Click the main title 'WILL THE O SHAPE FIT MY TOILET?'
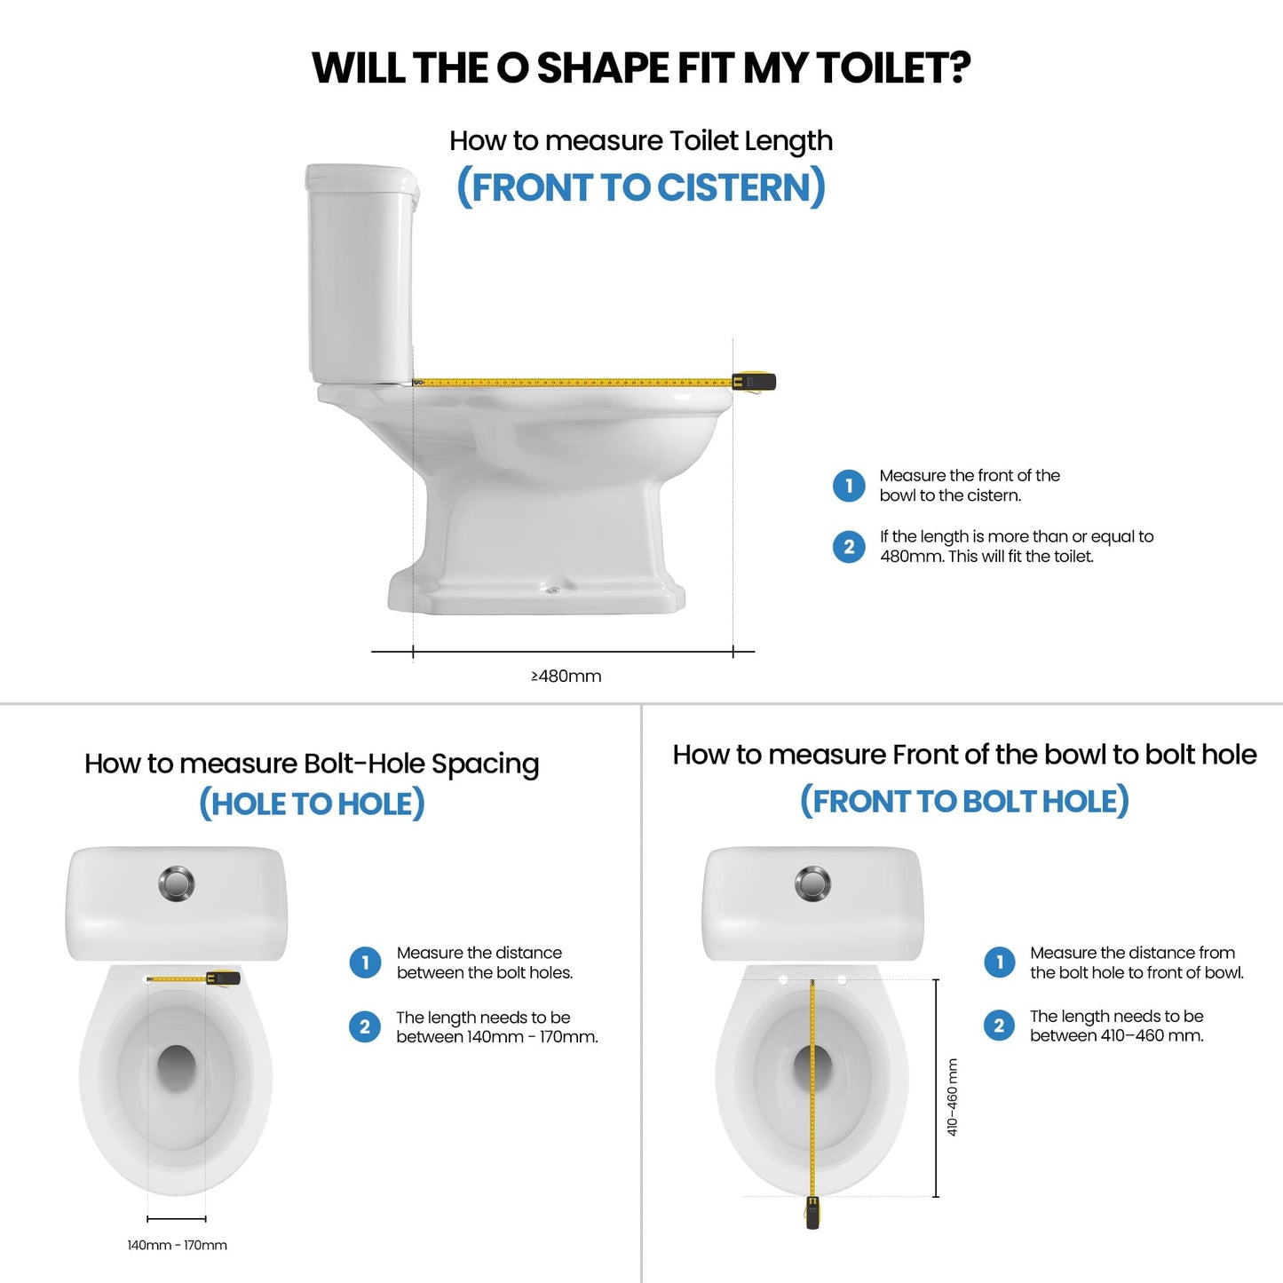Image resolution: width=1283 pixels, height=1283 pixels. click(641, 68)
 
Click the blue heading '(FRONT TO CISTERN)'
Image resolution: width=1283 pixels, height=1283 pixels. click(641, 187)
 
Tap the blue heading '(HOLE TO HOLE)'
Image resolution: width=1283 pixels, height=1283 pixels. click(312, 804)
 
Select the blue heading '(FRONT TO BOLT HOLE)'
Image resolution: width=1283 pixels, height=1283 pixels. click(964, 801)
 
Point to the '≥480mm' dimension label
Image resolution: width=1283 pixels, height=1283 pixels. click(566, 677)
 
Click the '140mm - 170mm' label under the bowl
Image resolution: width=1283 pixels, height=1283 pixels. click(177, 1245)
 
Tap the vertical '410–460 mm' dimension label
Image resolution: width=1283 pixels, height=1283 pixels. click(952, 1097)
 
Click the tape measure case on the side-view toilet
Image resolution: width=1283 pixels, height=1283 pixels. click(755, 382)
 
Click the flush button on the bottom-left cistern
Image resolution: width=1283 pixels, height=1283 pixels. click(177, 883)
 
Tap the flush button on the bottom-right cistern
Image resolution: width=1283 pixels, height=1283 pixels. click(812, 883)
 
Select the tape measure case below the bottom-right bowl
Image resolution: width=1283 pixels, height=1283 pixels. click(812, 1213)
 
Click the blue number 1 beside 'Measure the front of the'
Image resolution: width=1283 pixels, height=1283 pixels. click(849, 486)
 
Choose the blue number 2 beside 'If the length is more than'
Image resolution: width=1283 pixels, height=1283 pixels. click(849, 546)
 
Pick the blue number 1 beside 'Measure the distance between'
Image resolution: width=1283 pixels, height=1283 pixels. click(365, 962)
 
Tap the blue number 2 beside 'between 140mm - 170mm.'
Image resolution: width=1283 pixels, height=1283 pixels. click(365, 1027)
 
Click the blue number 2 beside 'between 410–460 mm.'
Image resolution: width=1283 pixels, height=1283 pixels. click(999, 1026)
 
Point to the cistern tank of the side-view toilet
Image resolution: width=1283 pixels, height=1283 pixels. click(360, 275)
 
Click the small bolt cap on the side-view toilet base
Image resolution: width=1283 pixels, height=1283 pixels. click(552, 590)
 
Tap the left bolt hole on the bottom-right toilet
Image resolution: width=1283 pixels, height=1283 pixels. click(783, 980)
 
